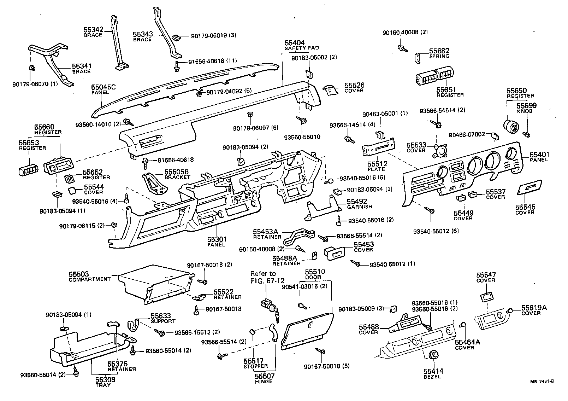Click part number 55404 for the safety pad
295,43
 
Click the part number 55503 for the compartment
78,274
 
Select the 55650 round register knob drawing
511,126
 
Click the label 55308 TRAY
103,382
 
